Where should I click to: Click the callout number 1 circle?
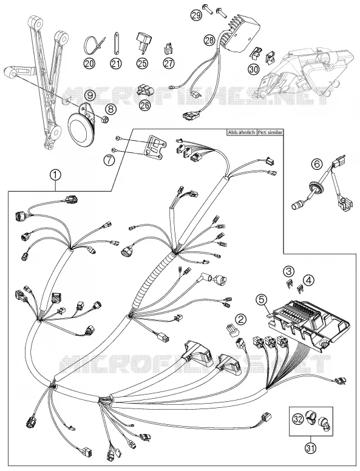click(56, 175)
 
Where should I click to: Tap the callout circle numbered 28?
click(209, 39)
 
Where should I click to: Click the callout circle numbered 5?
click(262, 299)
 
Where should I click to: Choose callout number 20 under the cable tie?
click(90, 63)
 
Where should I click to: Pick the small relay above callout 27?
click(168, 49)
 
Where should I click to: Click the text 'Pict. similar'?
click(270, 132)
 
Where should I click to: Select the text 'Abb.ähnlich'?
click(241, 132)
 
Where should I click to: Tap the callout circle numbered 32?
click(298, 419)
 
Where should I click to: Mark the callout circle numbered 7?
click(109, 160)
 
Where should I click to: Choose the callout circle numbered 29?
click(197, 15)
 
